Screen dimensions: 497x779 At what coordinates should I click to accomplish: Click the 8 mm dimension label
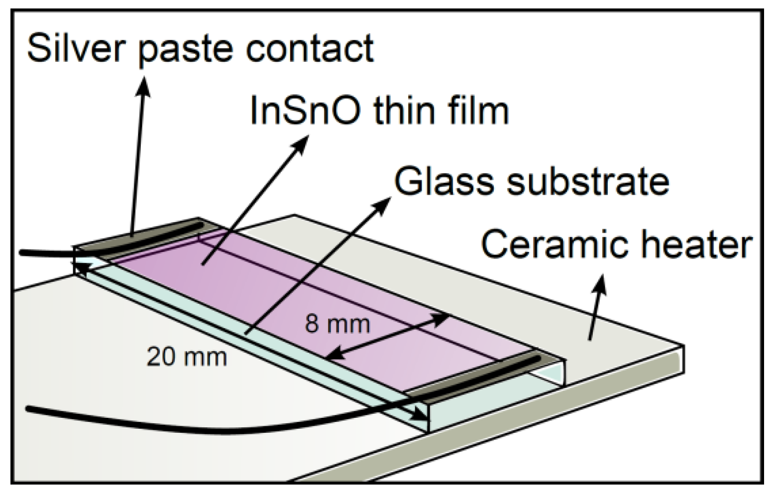[337, 324]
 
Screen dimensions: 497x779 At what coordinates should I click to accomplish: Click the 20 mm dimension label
[187, 357]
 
